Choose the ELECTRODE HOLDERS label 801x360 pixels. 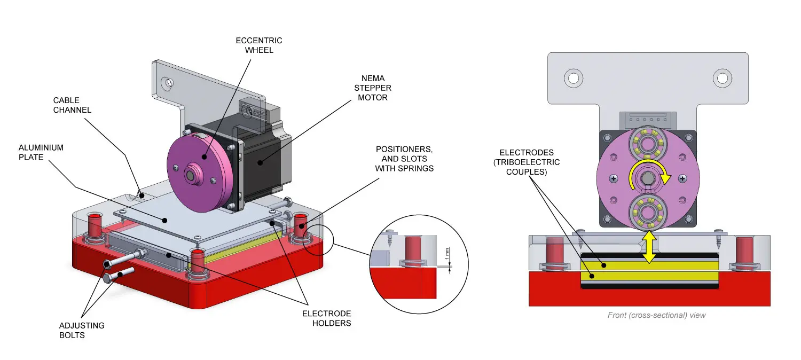coord(326,318)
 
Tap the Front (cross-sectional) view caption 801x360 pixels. coord(656,315)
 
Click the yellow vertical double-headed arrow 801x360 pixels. coord(649,247)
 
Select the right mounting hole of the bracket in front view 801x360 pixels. coord(723,79)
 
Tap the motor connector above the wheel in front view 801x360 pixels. coord(648,121)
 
